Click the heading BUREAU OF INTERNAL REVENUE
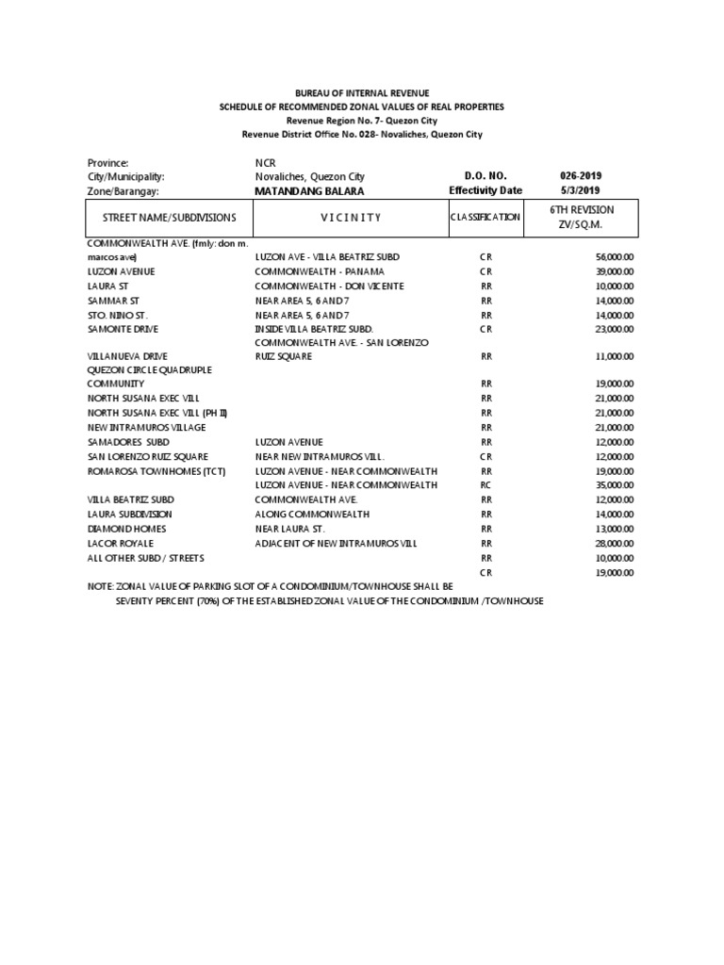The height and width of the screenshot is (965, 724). [362, 93]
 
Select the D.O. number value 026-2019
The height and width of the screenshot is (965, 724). [581, 176]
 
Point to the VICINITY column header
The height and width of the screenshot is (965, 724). [350, 218]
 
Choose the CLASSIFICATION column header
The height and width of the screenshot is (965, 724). [485, 218]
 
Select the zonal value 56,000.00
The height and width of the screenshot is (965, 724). [615, 257]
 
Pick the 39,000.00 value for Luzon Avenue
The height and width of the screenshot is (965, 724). [615, 271]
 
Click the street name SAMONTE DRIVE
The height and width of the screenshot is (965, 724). [123, 329]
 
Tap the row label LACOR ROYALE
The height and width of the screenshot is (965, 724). [120, 544]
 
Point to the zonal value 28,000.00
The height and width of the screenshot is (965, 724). [615, 544]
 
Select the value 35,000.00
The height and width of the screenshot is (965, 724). [615, 484]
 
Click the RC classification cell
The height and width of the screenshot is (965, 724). [486, 484]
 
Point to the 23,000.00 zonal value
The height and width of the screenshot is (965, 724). [615, 329]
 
